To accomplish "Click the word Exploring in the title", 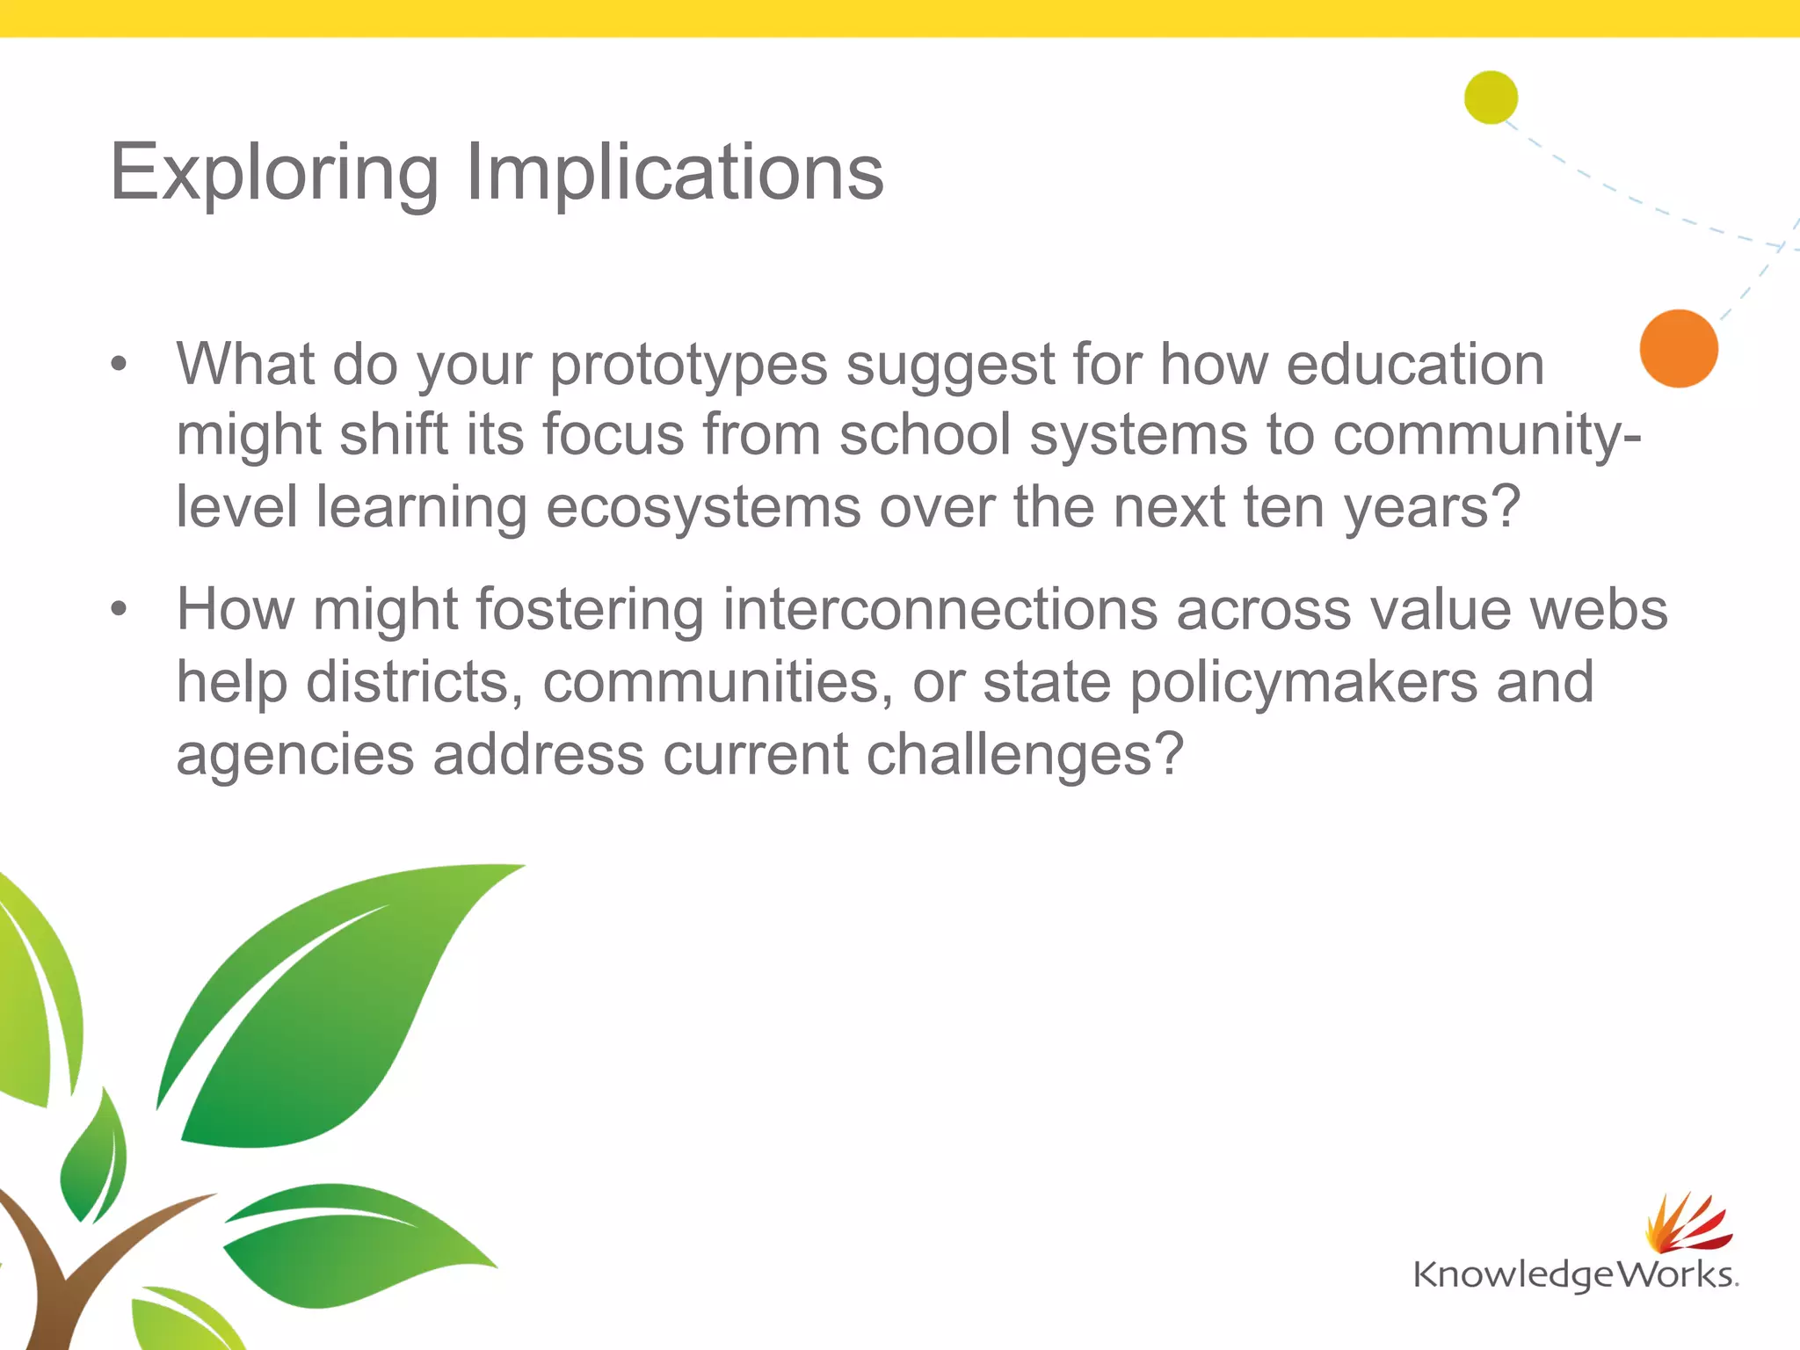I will click(273, 173).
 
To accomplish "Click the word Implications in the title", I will click(673, 173).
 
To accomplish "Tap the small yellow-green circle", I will click(1491, 97).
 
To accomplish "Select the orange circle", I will click(1679, 348).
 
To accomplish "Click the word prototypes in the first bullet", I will click(688, 366).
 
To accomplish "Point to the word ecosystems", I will click(703, 508).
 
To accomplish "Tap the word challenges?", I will click(1025, 755).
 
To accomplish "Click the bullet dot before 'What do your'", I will click(120, 363).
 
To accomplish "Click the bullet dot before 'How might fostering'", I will click(120, 608).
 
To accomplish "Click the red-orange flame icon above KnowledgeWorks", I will click(1687, 1223).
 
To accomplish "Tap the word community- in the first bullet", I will click(1486, 435).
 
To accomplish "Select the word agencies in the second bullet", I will click(295, 757).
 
